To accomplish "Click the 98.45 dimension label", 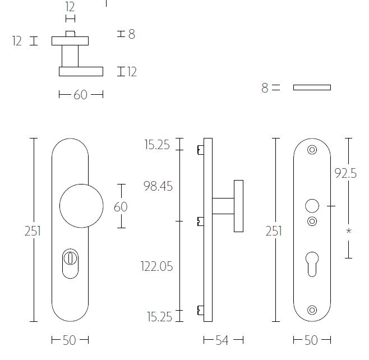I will pyautogui.click(x=158, y=186).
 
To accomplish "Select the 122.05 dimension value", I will pyautogui.click(x=156, y=266).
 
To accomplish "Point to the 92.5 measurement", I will pyautogui.click(x=345, y=174).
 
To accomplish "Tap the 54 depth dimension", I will pyautogui.click(x=223, y=340).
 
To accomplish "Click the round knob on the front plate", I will pyautogui.click(x=81, y=205).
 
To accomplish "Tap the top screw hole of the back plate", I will pyautogui.click(x=312, y=150).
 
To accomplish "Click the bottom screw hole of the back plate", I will pyautogui.click(x=312, y=309).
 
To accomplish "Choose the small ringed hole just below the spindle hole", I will pyautogui.click(x=312, y=221).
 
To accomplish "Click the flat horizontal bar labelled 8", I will pyautogui.click(x=312, y=87).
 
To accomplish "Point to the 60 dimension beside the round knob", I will pyautogui.click(x=121, y=207).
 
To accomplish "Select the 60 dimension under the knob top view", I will pyautogui.click(x=81, y=95).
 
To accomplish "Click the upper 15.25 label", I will pyautogui.click(x=157, y=145).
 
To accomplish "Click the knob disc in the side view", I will pyautogui.click(x=238, y=206).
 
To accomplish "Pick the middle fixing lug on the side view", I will pyautogui.click(x=200, y=221).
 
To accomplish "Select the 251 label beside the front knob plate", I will pyautogui.click(x=33, y=231).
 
